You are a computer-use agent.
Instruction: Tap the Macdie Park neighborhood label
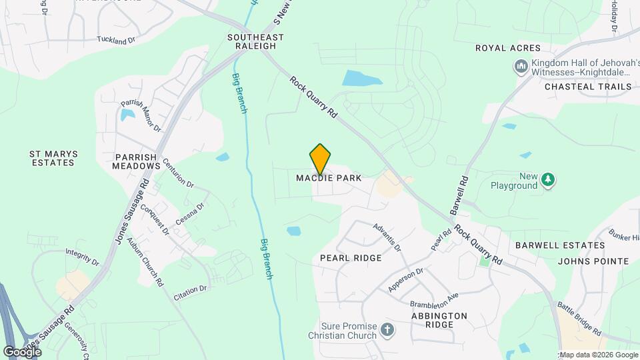tap(329, 178)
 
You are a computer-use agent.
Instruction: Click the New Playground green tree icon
tap(548, 179)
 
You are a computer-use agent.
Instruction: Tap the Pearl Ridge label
tap(351, 258)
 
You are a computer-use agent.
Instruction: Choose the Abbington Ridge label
tap(439, 320)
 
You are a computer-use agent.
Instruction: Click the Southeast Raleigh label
tap(255, 41)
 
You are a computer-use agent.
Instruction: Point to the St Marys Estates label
tap(53, 158)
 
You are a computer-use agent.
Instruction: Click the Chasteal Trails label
tap(587, 87)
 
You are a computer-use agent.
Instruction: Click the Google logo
tap(22, 351)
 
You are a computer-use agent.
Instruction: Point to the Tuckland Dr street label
tap(116, 40)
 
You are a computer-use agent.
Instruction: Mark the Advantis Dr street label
tap(387, 237)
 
